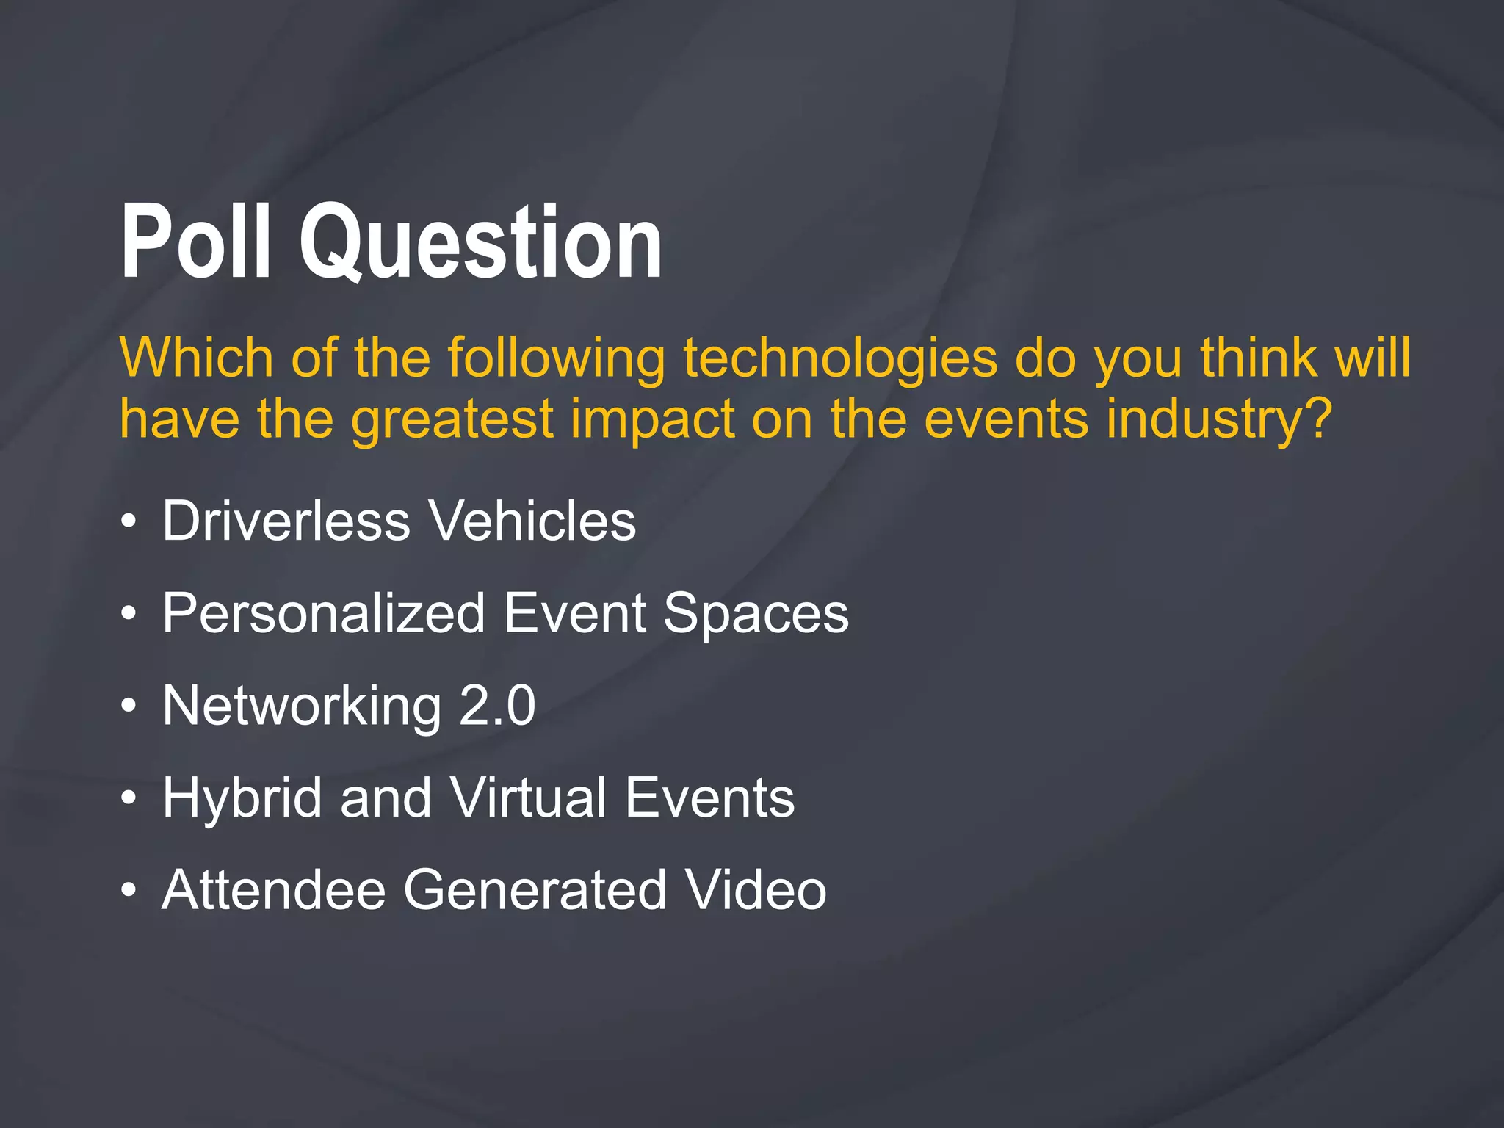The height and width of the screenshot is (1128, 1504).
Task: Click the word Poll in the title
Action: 195,242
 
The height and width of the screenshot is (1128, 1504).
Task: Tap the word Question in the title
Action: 481,242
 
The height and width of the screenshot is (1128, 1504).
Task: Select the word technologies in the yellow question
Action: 840,358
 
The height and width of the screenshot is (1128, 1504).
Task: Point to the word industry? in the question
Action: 1219,419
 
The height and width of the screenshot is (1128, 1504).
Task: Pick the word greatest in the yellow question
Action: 452,421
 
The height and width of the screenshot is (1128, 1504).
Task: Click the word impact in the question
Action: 652,421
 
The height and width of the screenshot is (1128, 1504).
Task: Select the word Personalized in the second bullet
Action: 324,613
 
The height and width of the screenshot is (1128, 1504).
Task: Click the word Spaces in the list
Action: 756,615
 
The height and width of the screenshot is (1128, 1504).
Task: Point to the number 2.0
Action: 497,706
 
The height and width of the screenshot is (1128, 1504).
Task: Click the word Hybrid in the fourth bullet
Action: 242,798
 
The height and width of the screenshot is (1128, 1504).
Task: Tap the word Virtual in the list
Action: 529,798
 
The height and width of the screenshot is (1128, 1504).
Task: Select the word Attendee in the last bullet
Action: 273,890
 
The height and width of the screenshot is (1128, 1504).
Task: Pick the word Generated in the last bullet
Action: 535,890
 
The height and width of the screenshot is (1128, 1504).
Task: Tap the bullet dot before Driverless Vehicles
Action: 129,522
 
